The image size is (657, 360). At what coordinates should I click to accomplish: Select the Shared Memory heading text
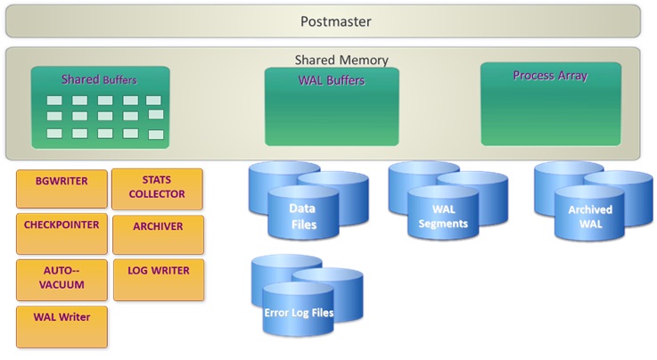[341, 60]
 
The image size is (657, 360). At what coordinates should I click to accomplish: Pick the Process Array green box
[550, 103]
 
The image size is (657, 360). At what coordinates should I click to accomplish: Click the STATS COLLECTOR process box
[157, 188]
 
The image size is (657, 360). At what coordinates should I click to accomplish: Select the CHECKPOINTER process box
[62, 233]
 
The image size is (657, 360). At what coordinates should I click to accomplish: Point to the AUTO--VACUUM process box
[62, 279]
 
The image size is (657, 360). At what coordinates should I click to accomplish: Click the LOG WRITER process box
[157, 279]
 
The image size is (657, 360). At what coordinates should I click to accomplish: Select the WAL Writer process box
[62, 323]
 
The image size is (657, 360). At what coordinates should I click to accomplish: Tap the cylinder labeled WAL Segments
[443, 217]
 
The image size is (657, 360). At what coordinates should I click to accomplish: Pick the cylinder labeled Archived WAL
[589, 217]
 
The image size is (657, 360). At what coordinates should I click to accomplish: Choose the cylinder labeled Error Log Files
[298, 313]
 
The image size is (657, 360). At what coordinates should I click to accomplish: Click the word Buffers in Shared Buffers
[120, 80]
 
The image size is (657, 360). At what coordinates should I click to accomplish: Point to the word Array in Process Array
[572, 76]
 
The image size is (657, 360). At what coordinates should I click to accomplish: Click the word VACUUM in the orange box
[62, 285]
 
